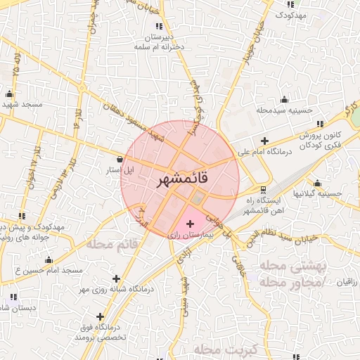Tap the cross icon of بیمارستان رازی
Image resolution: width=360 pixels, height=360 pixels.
coord(189,224)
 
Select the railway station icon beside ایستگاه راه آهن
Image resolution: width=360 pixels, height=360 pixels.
coord(263,190)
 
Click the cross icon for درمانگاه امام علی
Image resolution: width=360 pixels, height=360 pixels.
coord(264,141)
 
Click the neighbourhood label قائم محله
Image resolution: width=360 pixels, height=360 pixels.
coord(110,244)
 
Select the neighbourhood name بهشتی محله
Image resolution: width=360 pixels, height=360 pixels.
coord(290,266)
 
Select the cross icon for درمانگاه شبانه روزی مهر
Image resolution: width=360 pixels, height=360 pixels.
coord(116,279)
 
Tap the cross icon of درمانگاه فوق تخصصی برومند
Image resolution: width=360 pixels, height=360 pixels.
coord(101,316)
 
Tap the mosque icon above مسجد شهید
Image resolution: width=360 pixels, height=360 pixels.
coord(10,94)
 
